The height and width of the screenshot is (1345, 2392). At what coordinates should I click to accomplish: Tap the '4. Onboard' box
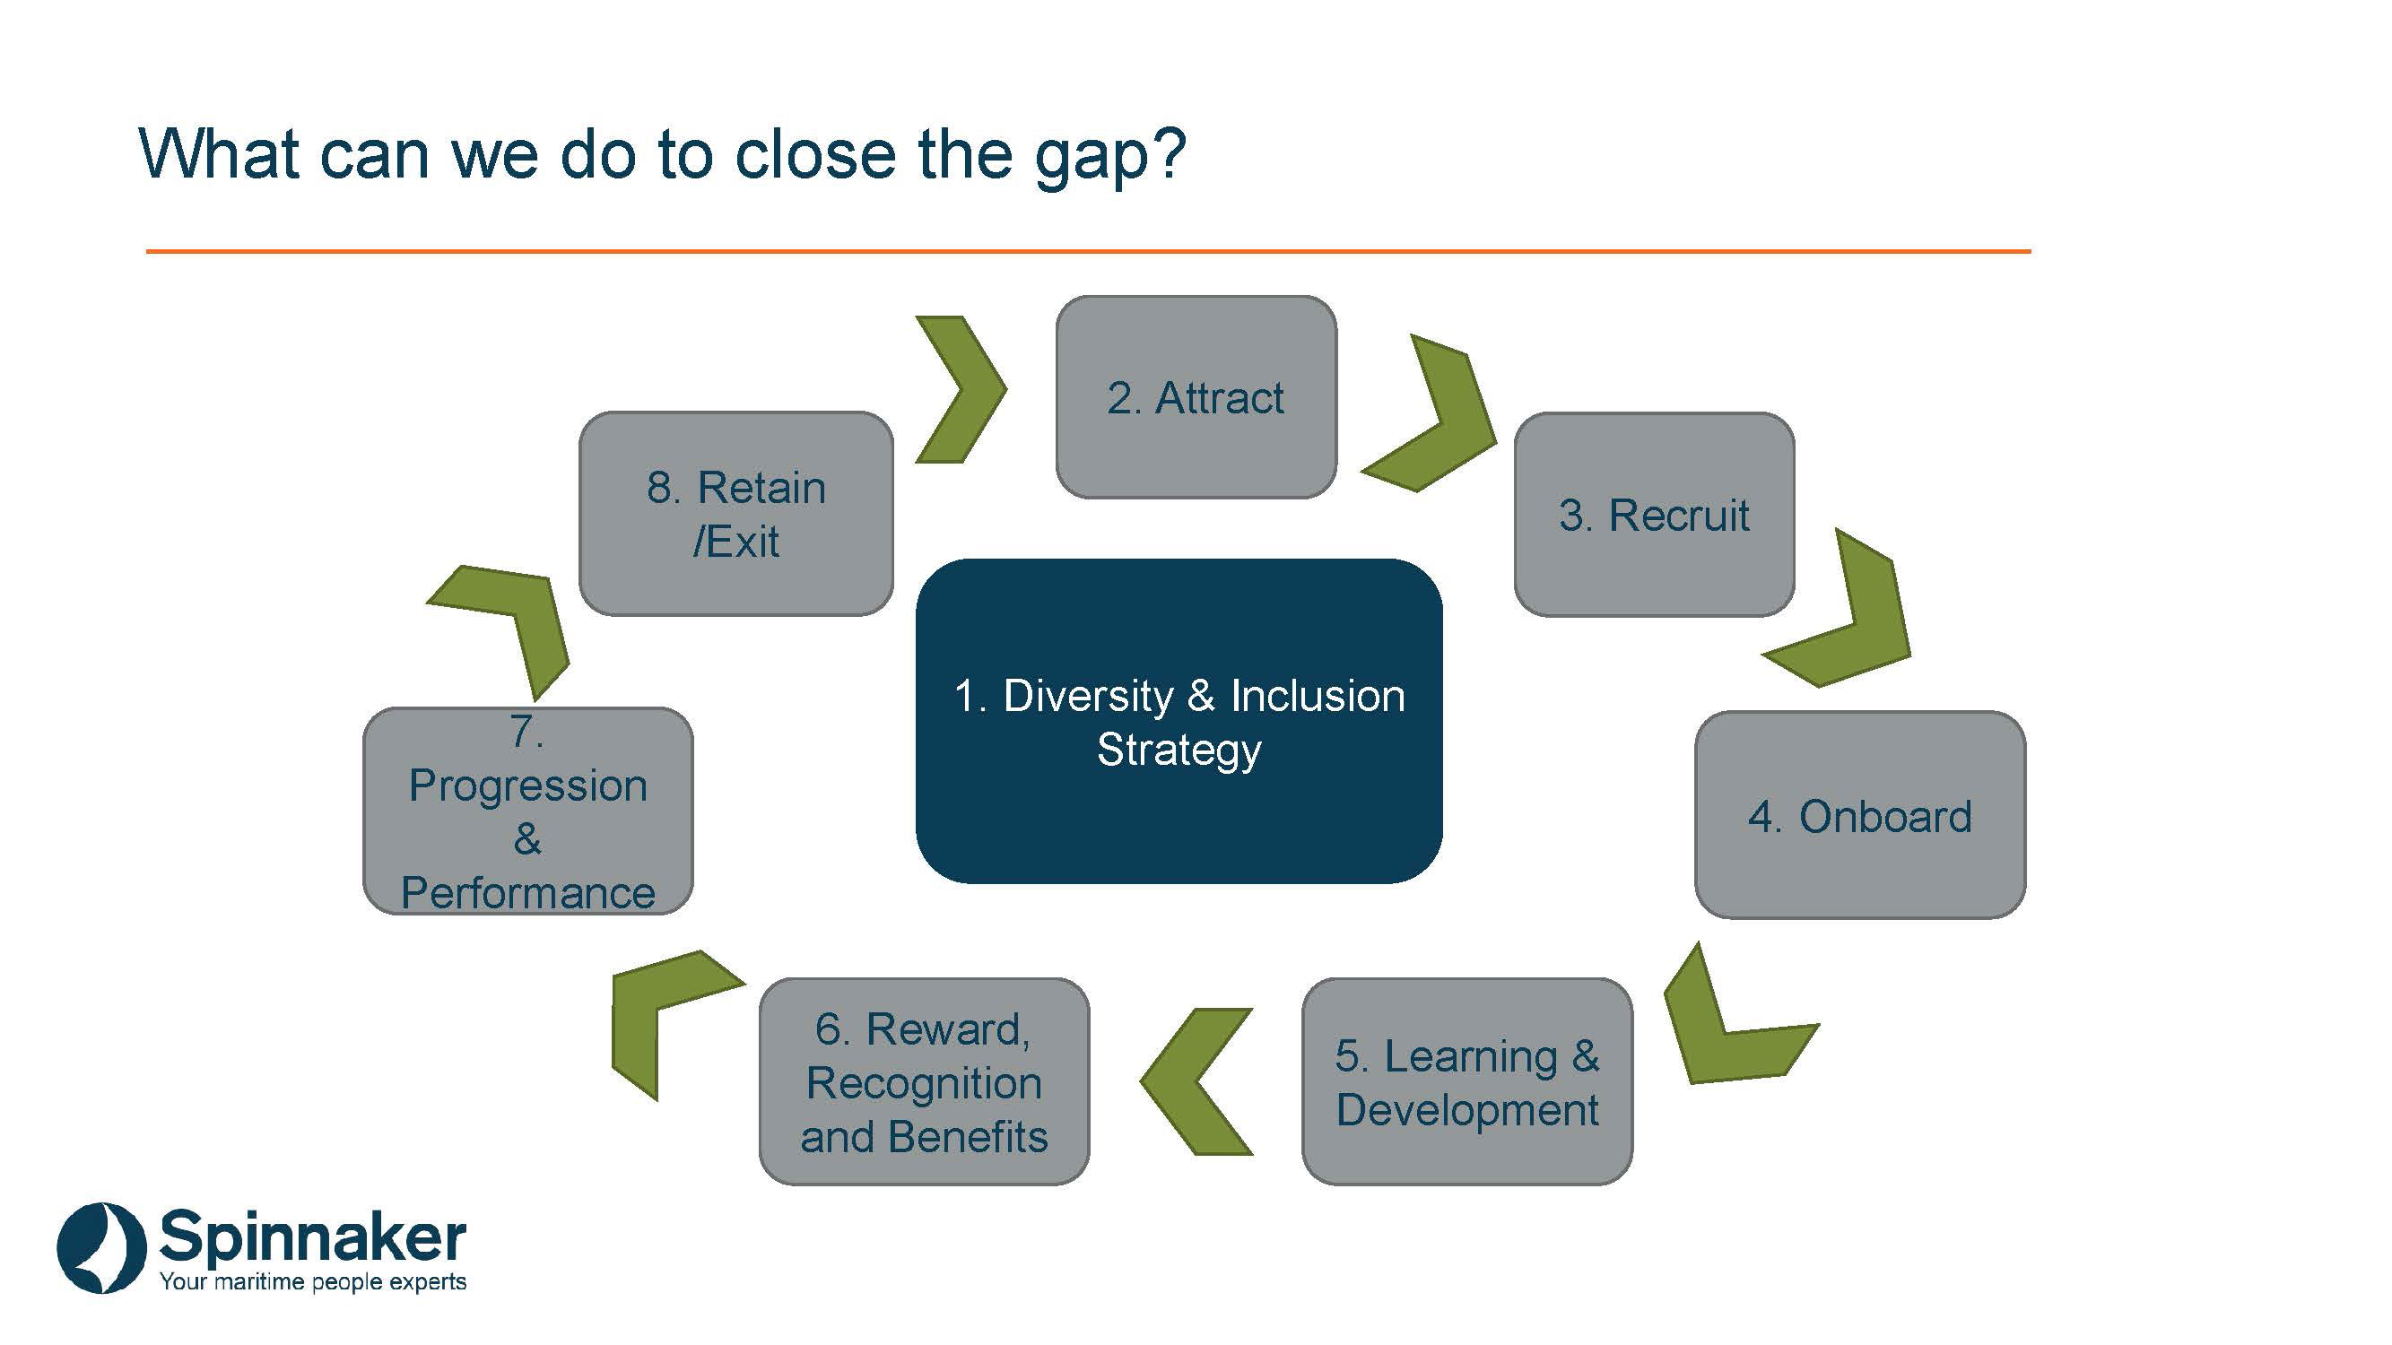[x=1859, y=815]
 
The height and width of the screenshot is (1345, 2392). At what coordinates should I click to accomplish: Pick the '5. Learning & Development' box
[x=1467, y=1081]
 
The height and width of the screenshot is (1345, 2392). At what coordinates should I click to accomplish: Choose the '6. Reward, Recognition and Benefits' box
[x=924, y=1081]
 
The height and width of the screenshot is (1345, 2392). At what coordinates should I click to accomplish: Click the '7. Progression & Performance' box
[x=527, y=811]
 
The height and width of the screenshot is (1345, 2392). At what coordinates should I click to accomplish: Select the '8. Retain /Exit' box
[x=735, y=513]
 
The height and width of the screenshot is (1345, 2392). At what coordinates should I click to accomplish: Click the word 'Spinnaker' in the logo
[x=312, y=1237]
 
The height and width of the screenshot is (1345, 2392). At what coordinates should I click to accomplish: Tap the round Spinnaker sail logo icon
[x=101, y=1247]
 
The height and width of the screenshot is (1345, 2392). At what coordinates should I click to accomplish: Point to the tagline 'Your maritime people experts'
[x=313, y=1282]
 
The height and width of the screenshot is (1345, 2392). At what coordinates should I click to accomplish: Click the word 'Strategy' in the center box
[x=1179, y=749]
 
